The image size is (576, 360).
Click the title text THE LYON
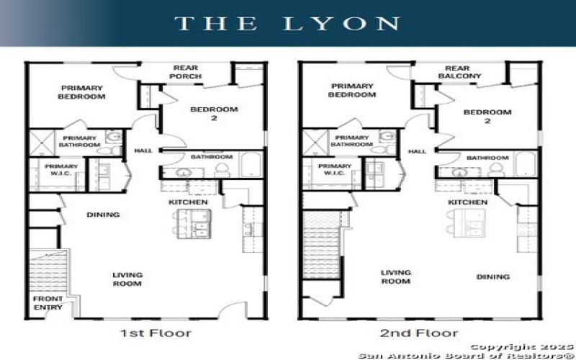tap(287, 23)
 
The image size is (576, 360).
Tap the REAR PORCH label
tap(186, 73)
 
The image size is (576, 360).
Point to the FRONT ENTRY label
tap(48, 303)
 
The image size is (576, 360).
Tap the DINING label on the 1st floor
tap(103, 215)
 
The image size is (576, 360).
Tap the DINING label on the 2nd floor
tap(492, 276)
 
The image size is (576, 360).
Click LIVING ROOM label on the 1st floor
tap(127, 279)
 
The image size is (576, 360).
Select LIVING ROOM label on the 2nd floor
tap(395, 276)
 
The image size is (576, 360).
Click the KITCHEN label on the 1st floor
tap(189, 202)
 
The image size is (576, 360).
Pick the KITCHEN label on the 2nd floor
tap(467, 202)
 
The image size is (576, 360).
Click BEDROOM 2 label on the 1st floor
tap(213, 114)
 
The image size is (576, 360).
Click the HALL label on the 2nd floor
tap(417, 151)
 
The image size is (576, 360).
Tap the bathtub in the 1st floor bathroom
tap(249, 165)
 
